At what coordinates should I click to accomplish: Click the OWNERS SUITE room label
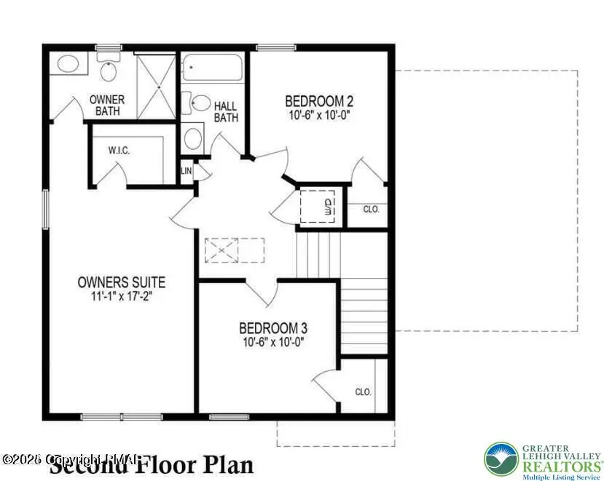(122, 282)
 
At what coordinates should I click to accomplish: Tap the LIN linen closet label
(186, 171)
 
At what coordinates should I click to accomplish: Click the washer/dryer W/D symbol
(329, 205)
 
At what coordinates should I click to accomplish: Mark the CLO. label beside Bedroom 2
(372, 209)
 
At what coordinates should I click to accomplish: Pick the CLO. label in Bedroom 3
(363, 391)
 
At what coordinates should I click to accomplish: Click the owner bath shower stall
(156, 86)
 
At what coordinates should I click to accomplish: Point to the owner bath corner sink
(67, 63)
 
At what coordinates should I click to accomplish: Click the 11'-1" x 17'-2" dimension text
(122, 296)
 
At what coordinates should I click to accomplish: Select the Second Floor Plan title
(152, 464)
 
